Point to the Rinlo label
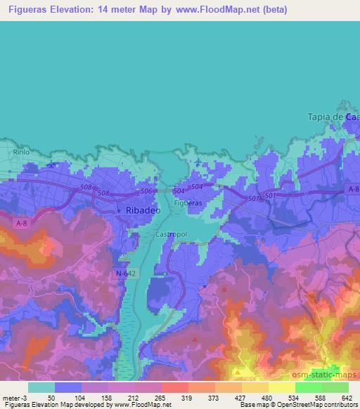tap(20, 151)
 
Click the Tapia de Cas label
tap(334, 117)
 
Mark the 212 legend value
tap(132, 398)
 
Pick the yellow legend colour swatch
tap(281, 387)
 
